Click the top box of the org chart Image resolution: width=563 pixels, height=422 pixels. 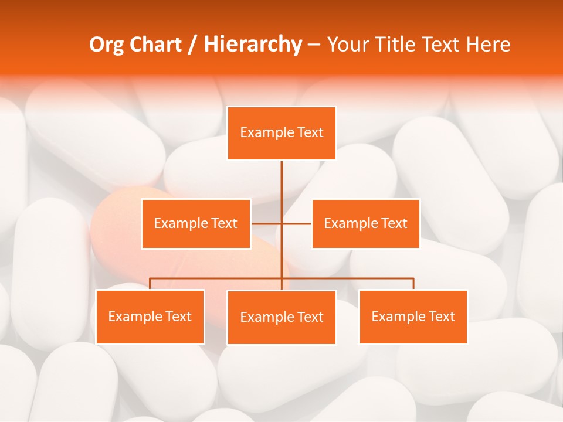point(281,133)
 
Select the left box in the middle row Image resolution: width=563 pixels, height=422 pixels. point(196,223)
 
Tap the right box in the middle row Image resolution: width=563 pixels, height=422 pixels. point(365,223)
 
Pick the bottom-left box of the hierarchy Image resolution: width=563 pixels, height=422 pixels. point(150,316)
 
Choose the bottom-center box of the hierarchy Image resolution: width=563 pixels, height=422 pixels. point(281,317)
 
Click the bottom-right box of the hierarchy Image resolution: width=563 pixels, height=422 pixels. point(413,316)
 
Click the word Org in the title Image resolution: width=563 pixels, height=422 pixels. point(108,45)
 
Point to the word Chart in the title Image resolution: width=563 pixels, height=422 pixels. point(157,45)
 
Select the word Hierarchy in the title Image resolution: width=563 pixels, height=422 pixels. point(252,45)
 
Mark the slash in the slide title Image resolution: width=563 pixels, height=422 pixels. point(192,45)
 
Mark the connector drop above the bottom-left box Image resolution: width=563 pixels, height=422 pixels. point(150,284)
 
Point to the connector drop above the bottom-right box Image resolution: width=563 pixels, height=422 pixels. point(413,284)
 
